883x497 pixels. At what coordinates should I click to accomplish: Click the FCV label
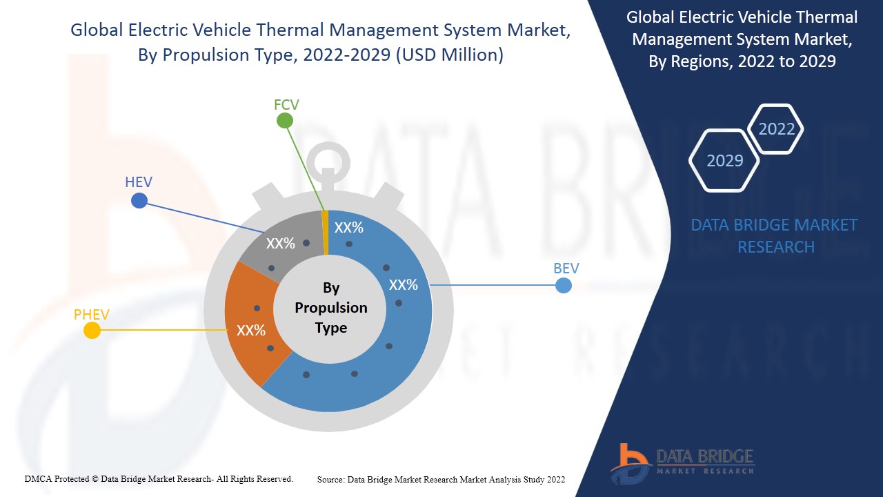[286, 105]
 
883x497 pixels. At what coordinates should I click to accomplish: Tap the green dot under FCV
[285, 121]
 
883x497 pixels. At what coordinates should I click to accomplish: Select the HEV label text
[139, 183]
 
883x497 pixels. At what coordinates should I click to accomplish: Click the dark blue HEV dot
[139, 201]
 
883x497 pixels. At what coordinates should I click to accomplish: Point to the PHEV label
[92, 315]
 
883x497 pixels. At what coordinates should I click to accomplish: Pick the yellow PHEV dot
[92, 331]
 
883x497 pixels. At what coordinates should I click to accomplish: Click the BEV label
[566, 269]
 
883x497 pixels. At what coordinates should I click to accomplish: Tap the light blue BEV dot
[564, 285]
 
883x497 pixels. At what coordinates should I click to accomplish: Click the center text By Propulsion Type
[331, 308]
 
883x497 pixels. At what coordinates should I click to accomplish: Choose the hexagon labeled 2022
[777, 129]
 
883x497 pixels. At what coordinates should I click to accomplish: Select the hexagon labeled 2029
[725, 161]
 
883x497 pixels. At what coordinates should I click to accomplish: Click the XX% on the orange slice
[251, 331]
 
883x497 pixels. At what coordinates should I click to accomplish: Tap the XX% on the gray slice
[281, 243]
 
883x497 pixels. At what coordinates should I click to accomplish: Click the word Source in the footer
[330, 479]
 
